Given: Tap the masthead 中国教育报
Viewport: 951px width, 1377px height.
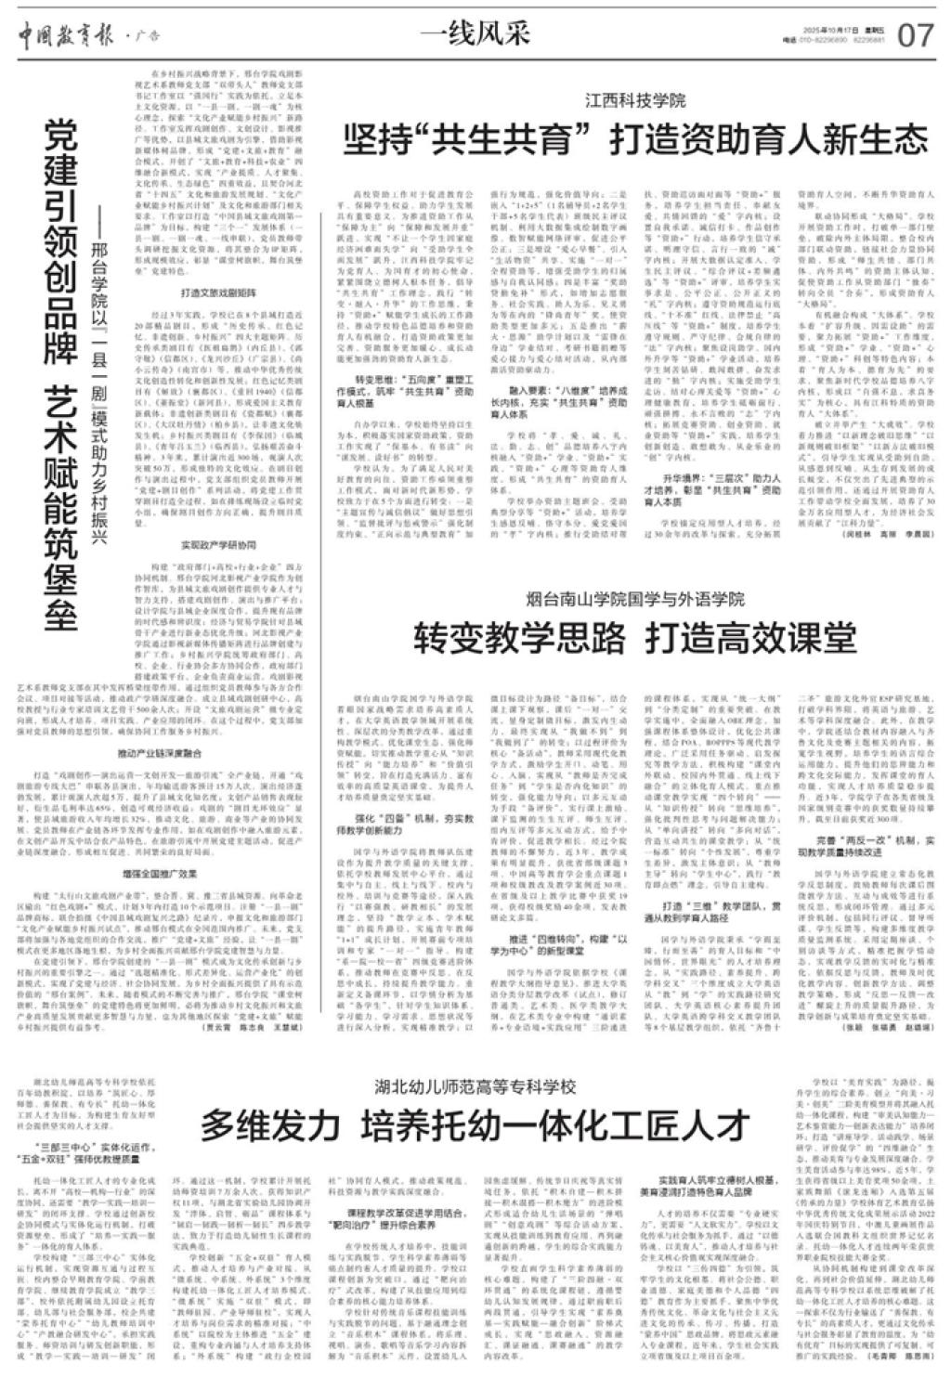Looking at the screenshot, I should pyautogui.click(x=62, y=34).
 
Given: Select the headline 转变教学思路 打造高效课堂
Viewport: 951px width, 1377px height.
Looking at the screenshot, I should pyautogui.click(x=635, y=638).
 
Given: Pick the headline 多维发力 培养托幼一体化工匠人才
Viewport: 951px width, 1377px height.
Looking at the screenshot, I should pyautogui.click(x=475, y=1126).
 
